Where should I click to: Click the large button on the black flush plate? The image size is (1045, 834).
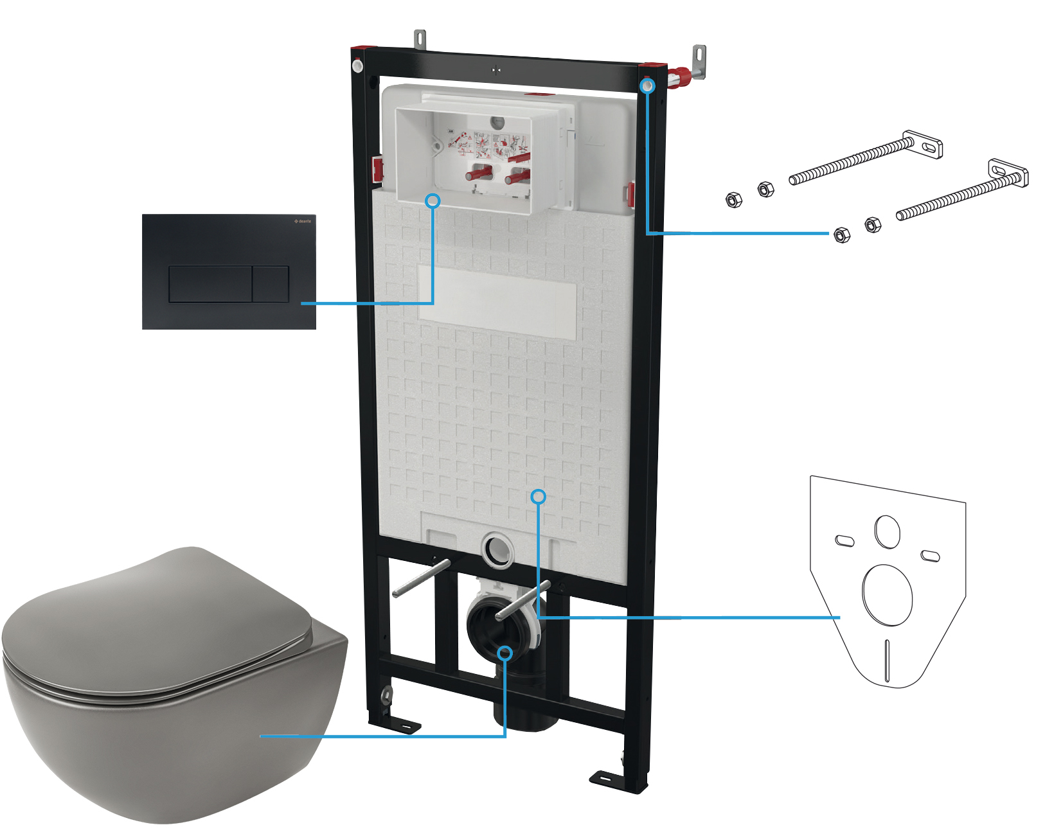(210, 284)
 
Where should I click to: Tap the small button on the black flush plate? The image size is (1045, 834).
(270, 284)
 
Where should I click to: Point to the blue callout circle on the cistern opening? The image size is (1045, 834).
(433, 200)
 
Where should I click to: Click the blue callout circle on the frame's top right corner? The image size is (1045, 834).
(648, 85)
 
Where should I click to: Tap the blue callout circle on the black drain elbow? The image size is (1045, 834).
(506, 653)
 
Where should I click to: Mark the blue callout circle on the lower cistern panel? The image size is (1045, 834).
(539, 497)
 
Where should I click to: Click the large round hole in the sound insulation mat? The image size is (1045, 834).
(887, 595)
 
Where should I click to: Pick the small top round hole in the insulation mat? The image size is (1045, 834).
(887, 532)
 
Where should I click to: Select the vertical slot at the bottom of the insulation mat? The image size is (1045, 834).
(887, 660)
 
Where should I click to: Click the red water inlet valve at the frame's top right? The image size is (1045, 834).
(682, 77)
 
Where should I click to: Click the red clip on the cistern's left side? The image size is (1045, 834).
(377, 169)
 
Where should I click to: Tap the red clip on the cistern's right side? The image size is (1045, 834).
(630, 195)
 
